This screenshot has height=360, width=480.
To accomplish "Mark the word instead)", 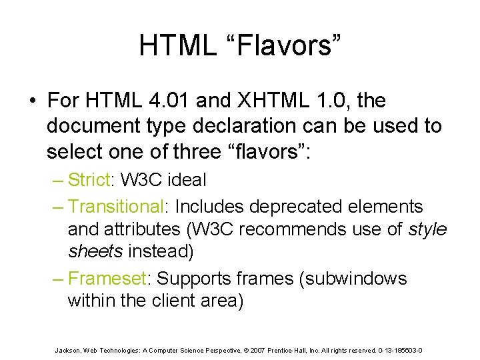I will click(163, 252).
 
